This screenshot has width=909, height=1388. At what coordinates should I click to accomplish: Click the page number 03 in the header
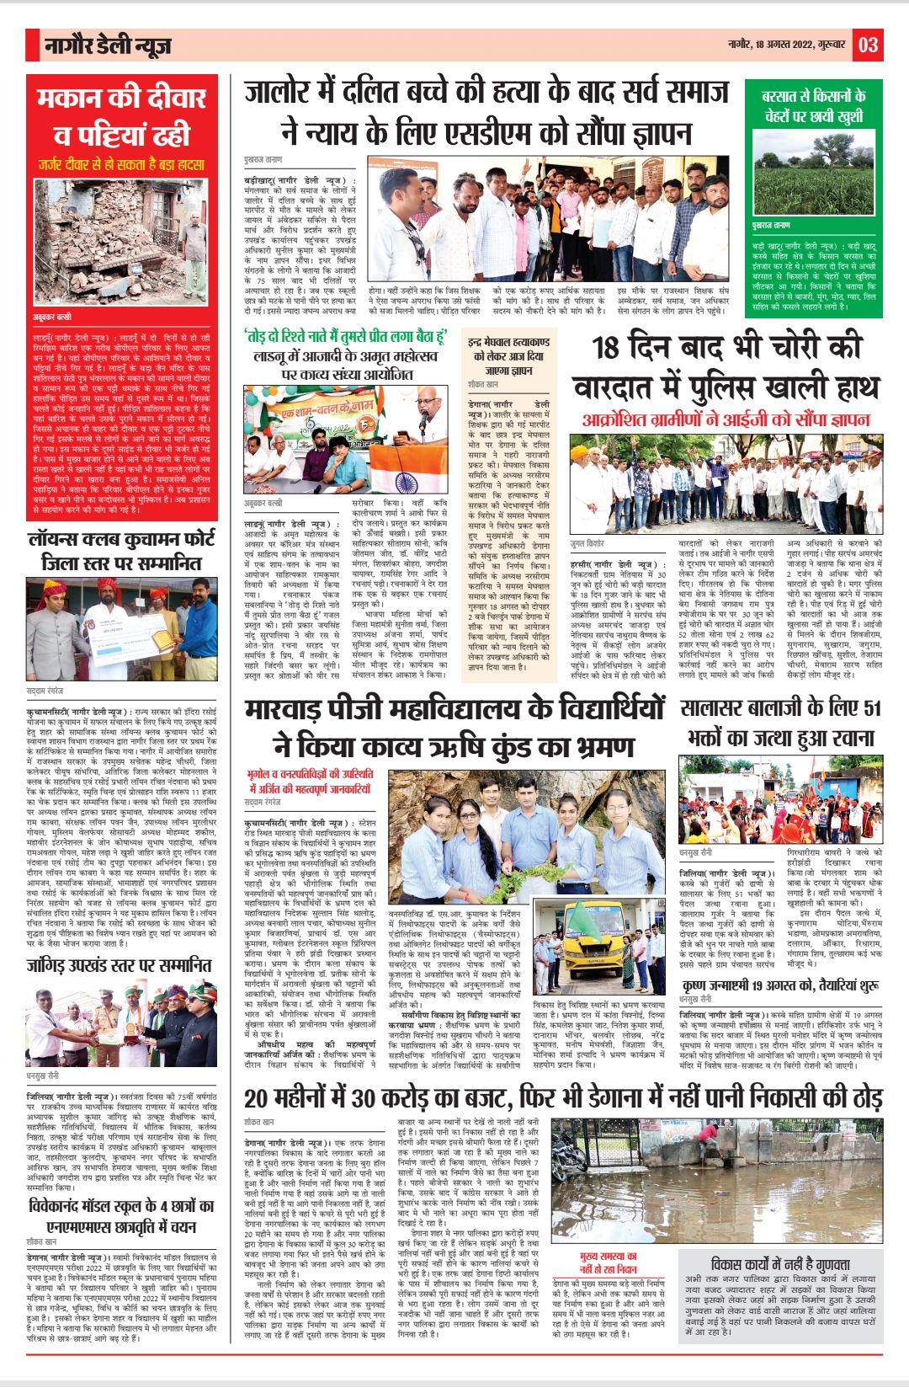coord(869,45)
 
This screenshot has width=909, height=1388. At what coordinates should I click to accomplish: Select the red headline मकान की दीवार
coord(121,99)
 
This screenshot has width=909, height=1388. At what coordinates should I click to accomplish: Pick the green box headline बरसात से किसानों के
coord(813,96)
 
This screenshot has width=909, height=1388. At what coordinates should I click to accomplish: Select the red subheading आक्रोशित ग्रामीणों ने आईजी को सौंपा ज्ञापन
coord(726,419)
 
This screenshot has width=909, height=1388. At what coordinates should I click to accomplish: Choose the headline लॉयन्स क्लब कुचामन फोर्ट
coord(121,540)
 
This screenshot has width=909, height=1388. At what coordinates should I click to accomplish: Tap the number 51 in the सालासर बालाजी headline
coord(871,707)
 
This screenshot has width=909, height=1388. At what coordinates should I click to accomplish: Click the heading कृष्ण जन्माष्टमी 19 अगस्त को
coord(780,985)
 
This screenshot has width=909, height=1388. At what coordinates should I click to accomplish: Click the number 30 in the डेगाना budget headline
coord(363,1099)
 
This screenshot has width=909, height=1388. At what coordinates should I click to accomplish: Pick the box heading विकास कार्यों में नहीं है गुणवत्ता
coord(780,1264)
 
